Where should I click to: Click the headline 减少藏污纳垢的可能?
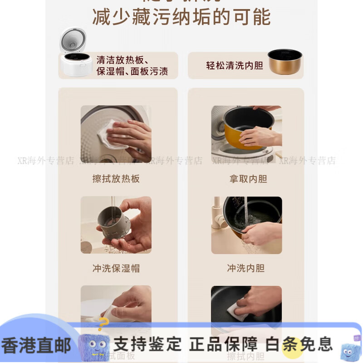pyautogui.click(x=181, y=17)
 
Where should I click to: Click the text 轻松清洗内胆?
pyautogui.click(x=234, y=65)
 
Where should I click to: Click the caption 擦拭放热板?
pyautogui.click(x=116, y=179)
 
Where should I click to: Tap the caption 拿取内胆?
pyautogui.click(x=248, y=179)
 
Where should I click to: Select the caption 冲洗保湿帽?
pyautogui.click(x=116, y=268)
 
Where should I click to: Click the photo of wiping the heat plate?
pyautogui.click(x=116, y=134)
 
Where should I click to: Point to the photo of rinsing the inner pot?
pyautogui.click(x=246, y=225)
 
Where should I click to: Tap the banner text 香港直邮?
pyautogui.click(x=36, y=345)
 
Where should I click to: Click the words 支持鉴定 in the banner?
pyautogui.click(x=147, y=344)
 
